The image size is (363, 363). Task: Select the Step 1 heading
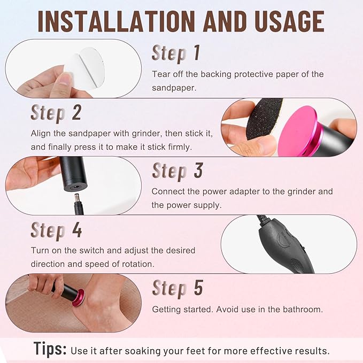(x=176, y=53)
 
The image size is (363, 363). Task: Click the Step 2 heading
(x=56, y=113)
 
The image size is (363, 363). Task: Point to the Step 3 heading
(x=177, y=171)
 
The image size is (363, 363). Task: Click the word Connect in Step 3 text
(x=168, y=191)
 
